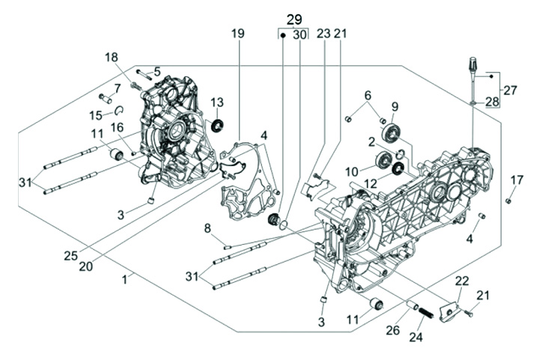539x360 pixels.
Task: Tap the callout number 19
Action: [237, 34]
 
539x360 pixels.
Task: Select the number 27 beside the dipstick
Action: [510, 91]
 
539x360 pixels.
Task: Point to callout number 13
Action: [217, 103]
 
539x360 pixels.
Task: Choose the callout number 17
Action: [517, 180]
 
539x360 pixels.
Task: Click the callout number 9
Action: [394, 106]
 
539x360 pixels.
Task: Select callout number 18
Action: [112, 58]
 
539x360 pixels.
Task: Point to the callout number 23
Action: [323, 34]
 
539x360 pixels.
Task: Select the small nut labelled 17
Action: [508, 201]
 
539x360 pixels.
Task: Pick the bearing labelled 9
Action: [391, 133]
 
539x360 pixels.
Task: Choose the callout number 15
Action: [96, 115]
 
